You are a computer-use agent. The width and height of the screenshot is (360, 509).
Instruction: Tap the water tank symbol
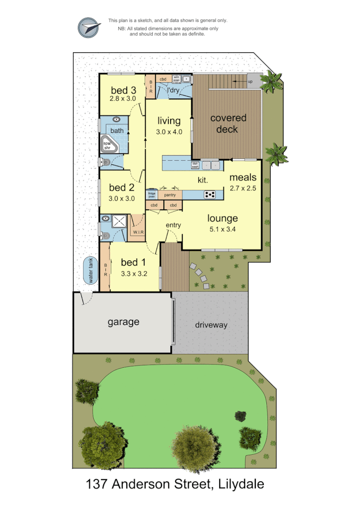pos(89,270)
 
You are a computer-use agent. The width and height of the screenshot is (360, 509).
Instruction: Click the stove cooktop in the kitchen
pos(210,194)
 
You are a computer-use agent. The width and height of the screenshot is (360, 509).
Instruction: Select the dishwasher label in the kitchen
pos(196,165)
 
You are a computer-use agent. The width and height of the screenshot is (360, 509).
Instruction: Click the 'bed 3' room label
pos(124,90)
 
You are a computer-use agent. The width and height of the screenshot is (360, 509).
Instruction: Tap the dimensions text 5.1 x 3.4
pos(223,229)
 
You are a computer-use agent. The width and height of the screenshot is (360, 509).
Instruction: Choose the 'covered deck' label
pos(228,123)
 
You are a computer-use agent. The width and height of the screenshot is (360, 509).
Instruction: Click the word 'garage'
pos(123,322)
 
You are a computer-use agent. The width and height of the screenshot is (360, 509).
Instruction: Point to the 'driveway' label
pos(211,325)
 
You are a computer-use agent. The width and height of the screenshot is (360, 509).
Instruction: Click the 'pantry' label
pos(170,195)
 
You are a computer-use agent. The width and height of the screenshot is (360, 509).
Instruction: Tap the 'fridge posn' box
pos(152,195)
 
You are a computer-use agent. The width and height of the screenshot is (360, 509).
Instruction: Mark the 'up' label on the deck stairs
pos(250,82)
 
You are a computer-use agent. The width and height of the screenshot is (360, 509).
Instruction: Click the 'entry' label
pos(173,225)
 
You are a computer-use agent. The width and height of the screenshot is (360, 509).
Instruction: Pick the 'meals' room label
pos(243,177)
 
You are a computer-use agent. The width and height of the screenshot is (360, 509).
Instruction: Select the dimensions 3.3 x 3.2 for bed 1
pos(134,274)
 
